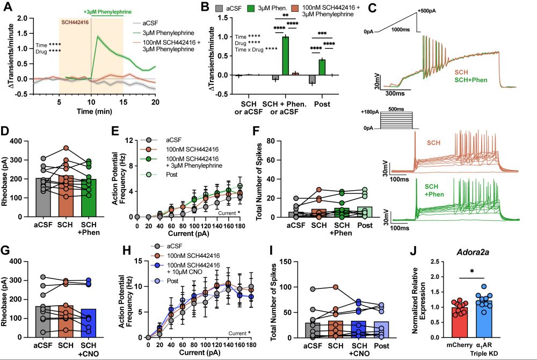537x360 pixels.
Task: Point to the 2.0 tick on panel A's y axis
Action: [x=22, y=18]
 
